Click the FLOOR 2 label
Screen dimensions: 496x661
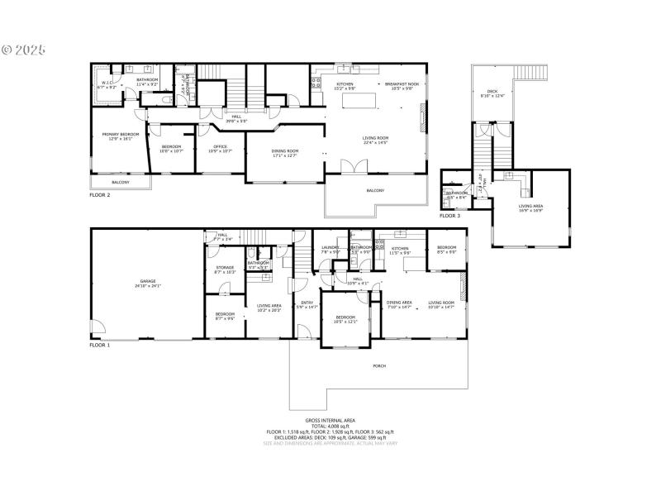point(100,195)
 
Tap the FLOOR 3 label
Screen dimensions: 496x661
point(449,216)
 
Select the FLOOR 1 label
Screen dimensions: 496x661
point(100,344)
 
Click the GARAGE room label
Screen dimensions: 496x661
point(149,283)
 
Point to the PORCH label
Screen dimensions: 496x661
point(379,365)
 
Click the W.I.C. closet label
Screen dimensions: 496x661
point(107,83)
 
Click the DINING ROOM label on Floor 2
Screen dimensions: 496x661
point(285,152)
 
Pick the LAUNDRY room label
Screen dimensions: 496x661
point(331,248)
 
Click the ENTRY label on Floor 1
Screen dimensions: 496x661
point(307,303)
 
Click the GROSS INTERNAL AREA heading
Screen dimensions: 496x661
point(330,420)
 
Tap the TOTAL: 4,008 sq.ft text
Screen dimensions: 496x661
point(330,426)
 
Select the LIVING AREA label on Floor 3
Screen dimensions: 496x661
point(530,207)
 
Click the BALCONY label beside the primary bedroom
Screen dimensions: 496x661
point(120,183)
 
